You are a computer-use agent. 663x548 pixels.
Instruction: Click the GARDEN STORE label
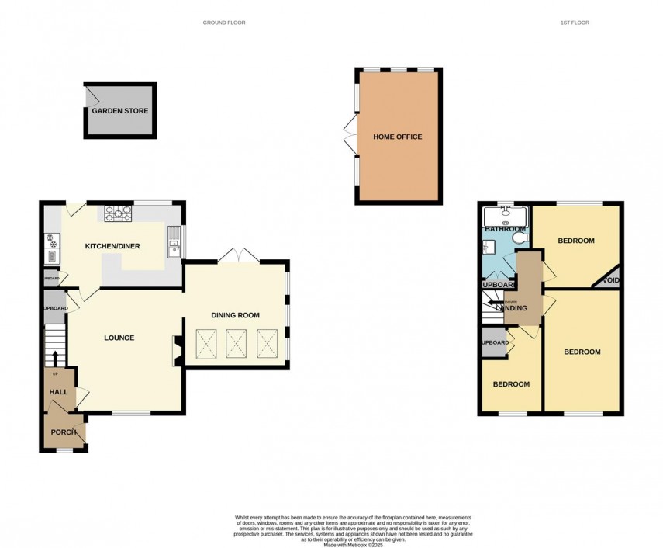pos(120,111)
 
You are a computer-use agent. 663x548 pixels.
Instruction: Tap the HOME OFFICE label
pos(398,137)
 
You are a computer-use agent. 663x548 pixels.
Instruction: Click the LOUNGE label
pos(120,338)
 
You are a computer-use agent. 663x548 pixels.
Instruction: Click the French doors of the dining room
pos(235,255)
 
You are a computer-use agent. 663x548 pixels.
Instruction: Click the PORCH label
pos(63,432)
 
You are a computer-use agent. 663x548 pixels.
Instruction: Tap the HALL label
pos(59,393)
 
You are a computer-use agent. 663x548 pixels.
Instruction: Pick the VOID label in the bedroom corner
pos(611,280)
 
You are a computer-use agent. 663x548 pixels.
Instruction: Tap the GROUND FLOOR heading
pos(224,23)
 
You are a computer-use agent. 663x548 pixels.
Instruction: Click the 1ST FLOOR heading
pos(575,23)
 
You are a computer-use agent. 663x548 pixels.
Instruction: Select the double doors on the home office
pos(350,137)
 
